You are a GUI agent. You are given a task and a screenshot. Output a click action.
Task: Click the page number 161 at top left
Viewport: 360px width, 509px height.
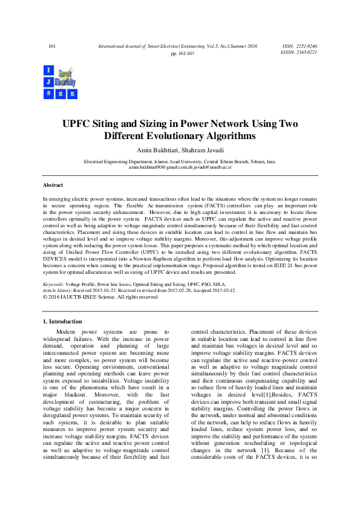click(51, 46)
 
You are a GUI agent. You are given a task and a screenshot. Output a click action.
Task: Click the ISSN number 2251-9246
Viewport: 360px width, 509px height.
click(306, 46)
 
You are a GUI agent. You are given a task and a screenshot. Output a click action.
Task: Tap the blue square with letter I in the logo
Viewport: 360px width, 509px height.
click(48, 71)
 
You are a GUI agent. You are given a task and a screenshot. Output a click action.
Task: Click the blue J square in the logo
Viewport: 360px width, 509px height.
click(48, 82)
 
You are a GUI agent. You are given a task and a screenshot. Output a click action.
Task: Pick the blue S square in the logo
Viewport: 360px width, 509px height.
click(48, 94)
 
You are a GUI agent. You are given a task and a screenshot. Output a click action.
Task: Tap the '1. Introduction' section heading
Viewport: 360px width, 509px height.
click(61, 321)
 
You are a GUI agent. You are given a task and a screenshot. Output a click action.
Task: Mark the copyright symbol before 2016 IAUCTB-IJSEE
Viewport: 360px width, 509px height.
click(45, 297)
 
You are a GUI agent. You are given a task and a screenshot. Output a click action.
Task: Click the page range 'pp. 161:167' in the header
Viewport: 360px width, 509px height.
click(182, 54)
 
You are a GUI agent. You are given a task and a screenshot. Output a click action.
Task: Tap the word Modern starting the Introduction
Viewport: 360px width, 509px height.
click(68, 332)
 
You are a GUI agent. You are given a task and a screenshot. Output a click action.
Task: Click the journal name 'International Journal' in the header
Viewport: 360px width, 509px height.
click(117, 46)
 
